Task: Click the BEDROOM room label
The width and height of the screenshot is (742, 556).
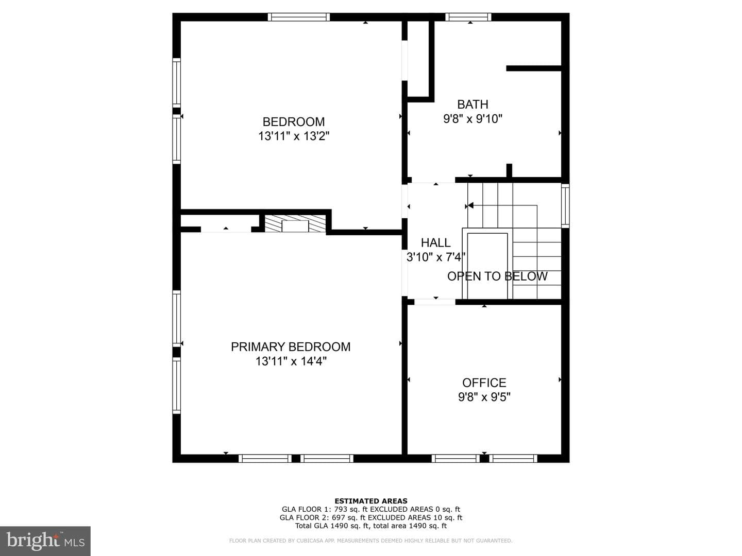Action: pyautogui.click(x=293, y=121)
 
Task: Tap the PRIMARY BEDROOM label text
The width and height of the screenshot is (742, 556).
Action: pyautogui.click(x=291, y=346)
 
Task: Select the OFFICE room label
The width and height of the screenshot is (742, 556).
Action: pyautogui.click(x=484, y=383)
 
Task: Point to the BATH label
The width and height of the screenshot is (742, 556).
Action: pyautogui.click(x=473, y=105)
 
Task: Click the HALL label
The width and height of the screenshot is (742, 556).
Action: pyautogui.click(x=435, y=242)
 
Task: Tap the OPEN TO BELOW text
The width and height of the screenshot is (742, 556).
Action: pyautogui.click(x=497, y=276)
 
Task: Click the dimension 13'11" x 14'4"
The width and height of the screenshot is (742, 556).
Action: pyautogui.click(x=291, y=361)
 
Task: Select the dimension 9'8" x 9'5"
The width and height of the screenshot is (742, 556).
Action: pyautogui.click(x=484, y=397)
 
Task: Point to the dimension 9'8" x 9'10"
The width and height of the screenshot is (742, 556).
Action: pyautogui.click(x=473, y=119)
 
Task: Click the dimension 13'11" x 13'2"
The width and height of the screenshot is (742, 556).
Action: pyautogui.click(x=293, y=136)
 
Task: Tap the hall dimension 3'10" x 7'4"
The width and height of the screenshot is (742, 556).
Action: pyautogui.click(x=435, y=257)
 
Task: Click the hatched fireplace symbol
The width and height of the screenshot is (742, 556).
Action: pyautogui.click(x=295, y=224)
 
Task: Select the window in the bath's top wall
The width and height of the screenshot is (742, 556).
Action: pyautogui.click(x=468, y=17)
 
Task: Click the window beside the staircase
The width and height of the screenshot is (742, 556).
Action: pyautogui.click(x=565, y=205)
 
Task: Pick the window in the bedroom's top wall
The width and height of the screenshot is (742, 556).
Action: pyautogui.click(x=299, y=17)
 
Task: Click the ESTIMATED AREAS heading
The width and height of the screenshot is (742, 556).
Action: pyautogui.click(x=371, y=501)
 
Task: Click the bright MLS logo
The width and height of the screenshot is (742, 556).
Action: pyautogui.click(x=45, y=541)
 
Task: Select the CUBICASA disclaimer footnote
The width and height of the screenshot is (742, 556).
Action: pyautogui.click(x=370, y=541)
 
